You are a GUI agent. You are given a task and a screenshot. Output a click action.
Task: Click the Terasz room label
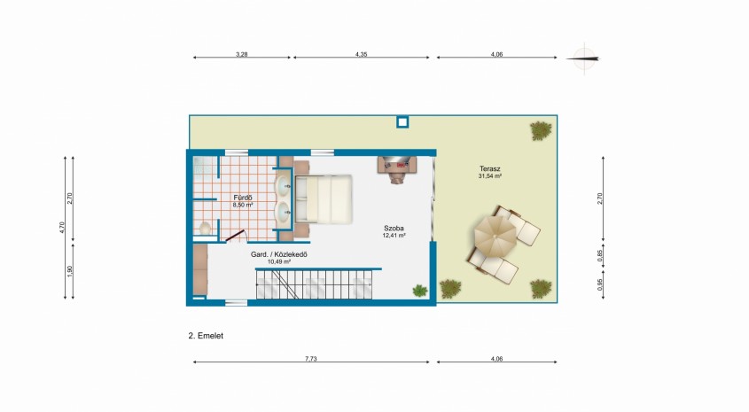tap(489, 168)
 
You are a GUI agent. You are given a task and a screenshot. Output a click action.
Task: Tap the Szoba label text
tap(394, 229)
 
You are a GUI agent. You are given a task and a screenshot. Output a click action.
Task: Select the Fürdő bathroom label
tap(243, 198)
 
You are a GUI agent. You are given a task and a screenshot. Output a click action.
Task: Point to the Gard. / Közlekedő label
tap(279, 254)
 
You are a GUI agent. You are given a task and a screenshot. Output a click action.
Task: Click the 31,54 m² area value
tap(489, 175)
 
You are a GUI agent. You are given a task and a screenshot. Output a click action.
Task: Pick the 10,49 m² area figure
tap(279, 261)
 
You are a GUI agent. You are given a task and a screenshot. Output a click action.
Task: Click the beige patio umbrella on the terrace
tap(495, 236)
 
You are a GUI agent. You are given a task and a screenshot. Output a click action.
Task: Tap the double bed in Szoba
tap(324, 199)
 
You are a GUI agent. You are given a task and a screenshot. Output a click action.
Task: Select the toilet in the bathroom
tap(205, 229)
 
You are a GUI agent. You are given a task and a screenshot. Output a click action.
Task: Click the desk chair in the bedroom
tap(397, 176)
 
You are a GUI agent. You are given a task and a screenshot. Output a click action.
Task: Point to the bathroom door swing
tap(236, 236)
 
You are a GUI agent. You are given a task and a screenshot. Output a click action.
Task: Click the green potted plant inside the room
tap(420, 291)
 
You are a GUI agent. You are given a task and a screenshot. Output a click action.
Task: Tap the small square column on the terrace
tap(402, 122)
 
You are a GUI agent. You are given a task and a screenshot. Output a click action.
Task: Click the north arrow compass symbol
tap(584, 58)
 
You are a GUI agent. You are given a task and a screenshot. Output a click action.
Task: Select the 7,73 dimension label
tap(311, 359)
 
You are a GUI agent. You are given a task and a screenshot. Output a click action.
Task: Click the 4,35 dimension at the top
tap(361, 54)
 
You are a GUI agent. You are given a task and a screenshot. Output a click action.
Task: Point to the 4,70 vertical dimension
tap(62, 227)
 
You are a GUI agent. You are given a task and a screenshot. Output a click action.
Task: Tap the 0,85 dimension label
tap(600, 256)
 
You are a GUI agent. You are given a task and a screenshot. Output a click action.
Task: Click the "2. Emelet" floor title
tap(206, 336)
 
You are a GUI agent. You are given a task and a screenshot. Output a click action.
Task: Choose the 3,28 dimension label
tap(242, 54)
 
